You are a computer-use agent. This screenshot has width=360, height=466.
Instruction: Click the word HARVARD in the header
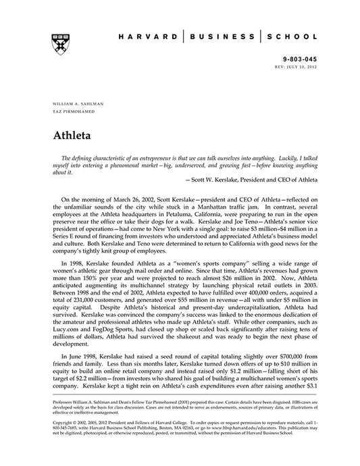click(155, 38)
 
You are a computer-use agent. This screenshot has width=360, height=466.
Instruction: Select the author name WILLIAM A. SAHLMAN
click(76, 104)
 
